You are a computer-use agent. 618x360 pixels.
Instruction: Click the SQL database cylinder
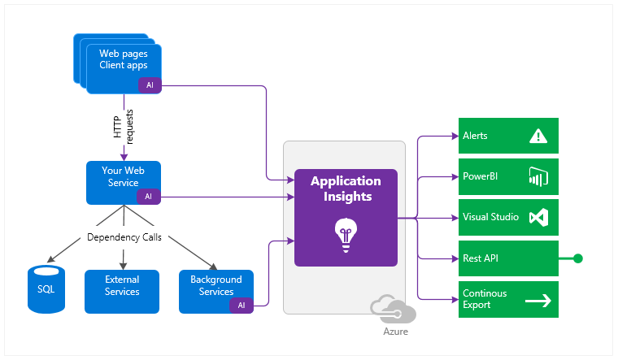point(46,288)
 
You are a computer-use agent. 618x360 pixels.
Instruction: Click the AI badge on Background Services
point(242,305)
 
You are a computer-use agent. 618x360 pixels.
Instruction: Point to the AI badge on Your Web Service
point(148,196)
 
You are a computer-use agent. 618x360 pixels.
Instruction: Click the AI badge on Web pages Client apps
point(150,85)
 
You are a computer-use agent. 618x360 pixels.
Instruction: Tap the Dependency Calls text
point(124,238)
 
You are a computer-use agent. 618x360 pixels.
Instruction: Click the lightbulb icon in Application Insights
point(346,235)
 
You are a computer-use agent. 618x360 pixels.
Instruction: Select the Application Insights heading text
point(346,188)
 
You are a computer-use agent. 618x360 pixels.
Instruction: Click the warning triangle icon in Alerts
point(537,136)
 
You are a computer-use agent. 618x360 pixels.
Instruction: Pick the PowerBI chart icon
point(538,176)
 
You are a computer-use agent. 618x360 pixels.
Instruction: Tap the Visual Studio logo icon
point(538,217)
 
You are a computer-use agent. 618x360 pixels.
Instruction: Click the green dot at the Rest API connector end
point(578,258)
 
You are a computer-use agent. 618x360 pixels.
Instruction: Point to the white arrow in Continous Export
point(538,300)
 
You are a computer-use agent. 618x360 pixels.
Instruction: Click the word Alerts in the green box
point(475,136)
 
